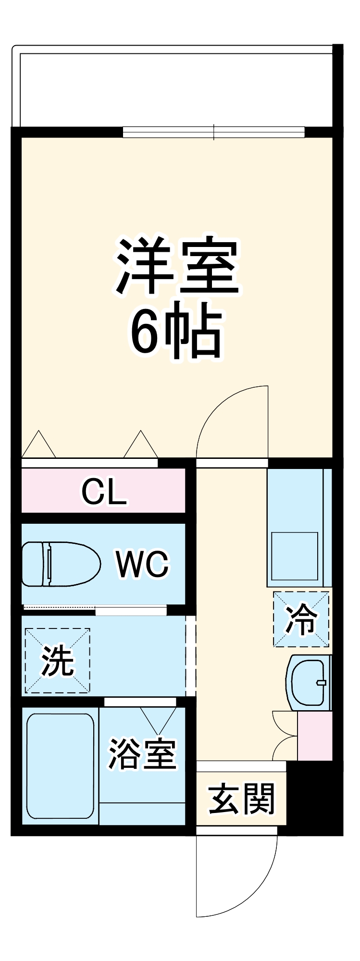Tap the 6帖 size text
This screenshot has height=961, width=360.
coord(177,331)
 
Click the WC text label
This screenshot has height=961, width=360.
coord(142,564)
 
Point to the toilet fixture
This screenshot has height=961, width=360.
coord(60,564)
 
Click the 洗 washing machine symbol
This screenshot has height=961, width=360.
coord(57,660)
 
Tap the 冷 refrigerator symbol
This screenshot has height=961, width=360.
coord(301,619)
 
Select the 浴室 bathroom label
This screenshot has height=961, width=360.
coord(142,753)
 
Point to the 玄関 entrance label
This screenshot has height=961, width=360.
coord(241,799)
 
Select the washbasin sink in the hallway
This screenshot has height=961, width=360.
coord(309,682)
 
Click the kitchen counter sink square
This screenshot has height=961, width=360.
coord(295,556)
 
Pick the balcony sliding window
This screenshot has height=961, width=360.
coord(214,132)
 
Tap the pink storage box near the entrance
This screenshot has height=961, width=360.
coord(315,736)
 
